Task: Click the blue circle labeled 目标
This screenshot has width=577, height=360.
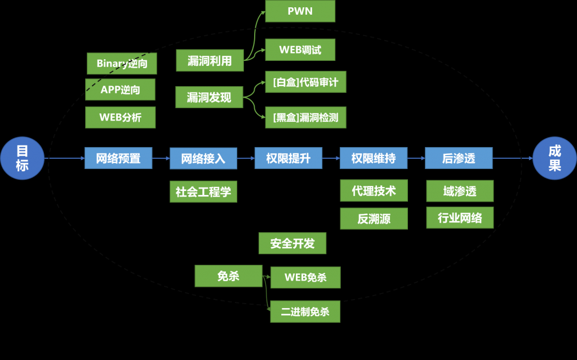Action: point(22,158)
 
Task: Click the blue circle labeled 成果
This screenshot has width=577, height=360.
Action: point(554,158)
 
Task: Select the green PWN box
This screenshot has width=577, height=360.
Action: point(300,11)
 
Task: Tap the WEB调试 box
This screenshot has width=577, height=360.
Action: point(300,50)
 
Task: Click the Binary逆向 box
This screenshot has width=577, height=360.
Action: point(122,64)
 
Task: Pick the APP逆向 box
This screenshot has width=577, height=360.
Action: point(120,89)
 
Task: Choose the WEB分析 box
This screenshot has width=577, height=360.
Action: point(120,117)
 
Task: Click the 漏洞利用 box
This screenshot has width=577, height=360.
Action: point(210,61)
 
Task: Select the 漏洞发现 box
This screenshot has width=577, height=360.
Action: point(209,97)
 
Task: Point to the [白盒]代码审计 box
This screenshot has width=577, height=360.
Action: point(305,82)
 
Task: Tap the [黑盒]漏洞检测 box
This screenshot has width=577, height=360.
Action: point(305,118)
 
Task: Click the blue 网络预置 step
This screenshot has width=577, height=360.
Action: point(118,158)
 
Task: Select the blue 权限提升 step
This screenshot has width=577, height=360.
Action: point(288,158)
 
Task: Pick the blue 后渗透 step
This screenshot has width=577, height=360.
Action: point(459,158)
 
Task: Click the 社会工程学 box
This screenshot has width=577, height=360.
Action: point(203,192)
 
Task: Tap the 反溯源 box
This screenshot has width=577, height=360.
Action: point(374,219)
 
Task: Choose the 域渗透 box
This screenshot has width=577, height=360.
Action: point(460,191)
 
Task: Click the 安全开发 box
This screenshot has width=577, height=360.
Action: point(292,243)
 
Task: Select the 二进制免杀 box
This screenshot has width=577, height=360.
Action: point(305,312)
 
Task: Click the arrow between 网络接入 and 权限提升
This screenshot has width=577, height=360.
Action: point(246,159)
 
